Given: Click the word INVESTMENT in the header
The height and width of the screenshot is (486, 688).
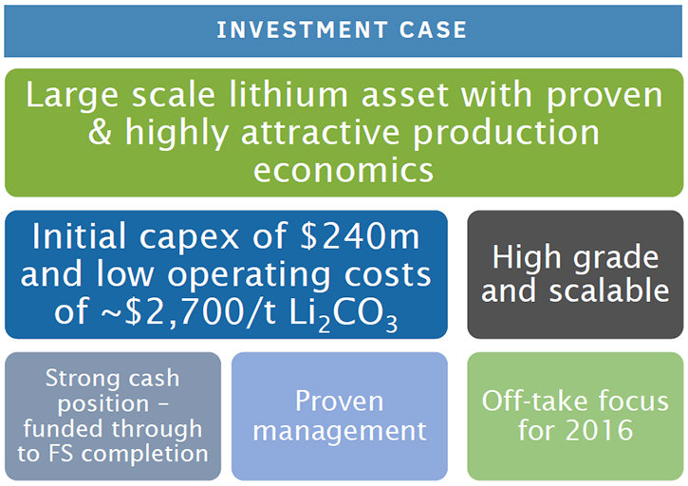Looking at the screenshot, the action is click(302, 29).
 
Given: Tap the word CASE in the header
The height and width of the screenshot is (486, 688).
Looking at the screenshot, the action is click(433, 29).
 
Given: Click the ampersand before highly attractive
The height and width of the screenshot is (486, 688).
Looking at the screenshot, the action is click(100, 132).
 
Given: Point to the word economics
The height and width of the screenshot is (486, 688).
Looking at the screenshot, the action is click(344, 170).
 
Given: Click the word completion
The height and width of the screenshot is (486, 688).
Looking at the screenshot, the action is click(145, 455).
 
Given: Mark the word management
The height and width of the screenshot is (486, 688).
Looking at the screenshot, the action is click(340, 432).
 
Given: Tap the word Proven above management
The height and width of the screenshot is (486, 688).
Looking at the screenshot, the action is click(339, 401).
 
